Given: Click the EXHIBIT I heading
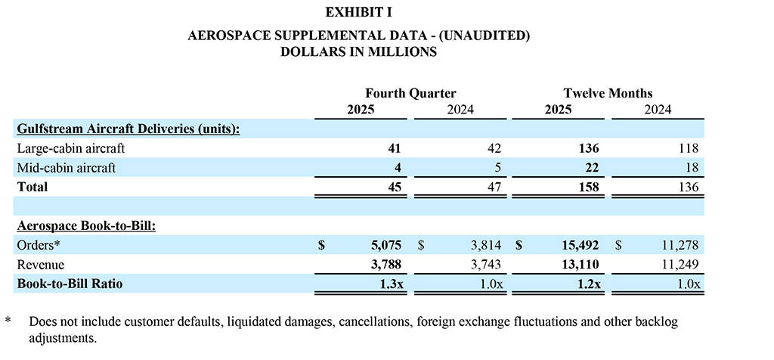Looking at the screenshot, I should (x=358, y=13).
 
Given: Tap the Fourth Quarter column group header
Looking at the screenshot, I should (x=410, y=94).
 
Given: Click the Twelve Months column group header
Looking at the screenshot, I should (x=608, y=94).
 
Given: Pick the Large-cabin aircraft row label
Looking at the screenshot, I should (x=70, y=148).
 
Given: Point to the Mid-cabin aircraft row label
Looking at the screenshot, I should (x=66, y=168).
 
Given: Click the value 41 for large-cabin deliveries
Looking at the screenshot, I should (x=393, y=148).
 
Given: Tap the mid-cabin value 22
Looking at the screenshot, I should (x=592, y=168).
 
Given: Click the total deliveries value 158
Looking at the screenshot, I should (x=588, y=188).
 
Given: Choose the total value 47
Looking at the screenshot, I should (x=493, y=188).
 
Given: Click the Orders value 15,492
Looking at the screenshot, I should (x=578, y=245).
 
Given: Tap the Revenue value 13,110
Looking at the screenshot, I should (x=578, y=265).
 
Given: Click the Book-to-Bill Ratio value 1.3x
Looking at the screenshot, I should (x=389, y=284).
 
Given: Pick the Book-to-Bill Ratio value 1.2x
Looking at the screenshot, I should (x=586, y=284).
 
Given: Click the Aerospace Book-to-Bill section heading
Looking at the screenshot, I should (x=86, y=225).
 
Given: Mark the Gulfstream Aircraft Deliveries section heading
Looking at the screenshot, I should (x=128, y=129).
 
